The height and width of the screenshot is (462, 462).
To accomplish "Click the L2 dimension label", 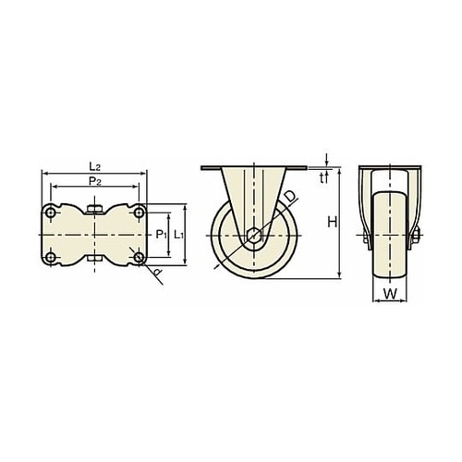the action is coord(95,167).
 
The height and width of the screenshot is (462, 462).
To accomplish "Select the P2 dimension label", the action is coord(95,181).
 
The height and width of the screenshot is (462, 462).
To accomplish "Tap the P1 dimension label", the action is coord(161,235).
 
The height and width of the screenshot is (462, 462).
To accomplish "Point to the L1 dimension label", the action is coord(179,235).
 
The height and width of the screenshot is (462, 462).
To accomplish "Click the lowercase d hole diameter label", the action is coord(157,272).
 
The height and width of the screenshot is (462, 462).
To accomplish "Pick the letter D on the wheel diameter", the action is coord(290,197).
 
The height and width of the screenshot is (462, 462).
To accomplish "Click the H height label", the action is coord(333,222).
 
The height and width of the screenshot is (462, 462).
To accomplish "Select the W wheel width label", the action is coord(390,294).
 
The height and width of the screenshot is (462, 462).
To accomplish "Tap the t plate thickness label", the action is coord(322,178).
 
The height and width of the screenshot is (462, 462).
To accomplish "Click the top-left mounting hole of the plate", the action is coord(50,213).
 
